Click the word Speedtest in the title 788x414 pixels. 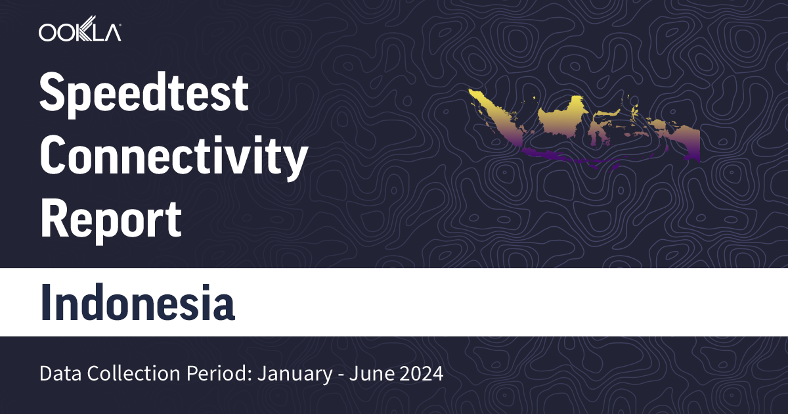point(144,94)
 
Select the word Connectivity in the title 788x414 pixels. point(174,156)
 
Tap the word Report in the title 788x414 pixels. point(110,218)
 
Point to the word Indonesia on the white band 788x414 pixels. point(137,302)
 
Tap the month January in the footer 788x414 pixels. point(292,375)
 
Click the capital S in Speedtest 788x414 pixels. point(53,94)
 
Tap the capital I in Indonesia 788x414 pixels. point(46,302)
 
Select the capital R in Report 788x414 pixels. point(54,218)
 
